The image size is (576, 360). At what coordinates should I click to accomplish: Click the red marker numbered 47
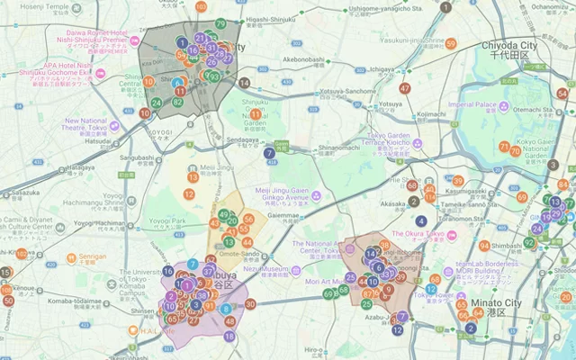(x=405, y=88)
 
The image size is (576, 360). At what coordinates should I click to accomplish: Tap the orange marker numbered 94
(x=484, y=246)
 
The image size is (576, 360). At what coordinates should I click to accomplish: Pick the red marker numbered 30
(x=250, y=304)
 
